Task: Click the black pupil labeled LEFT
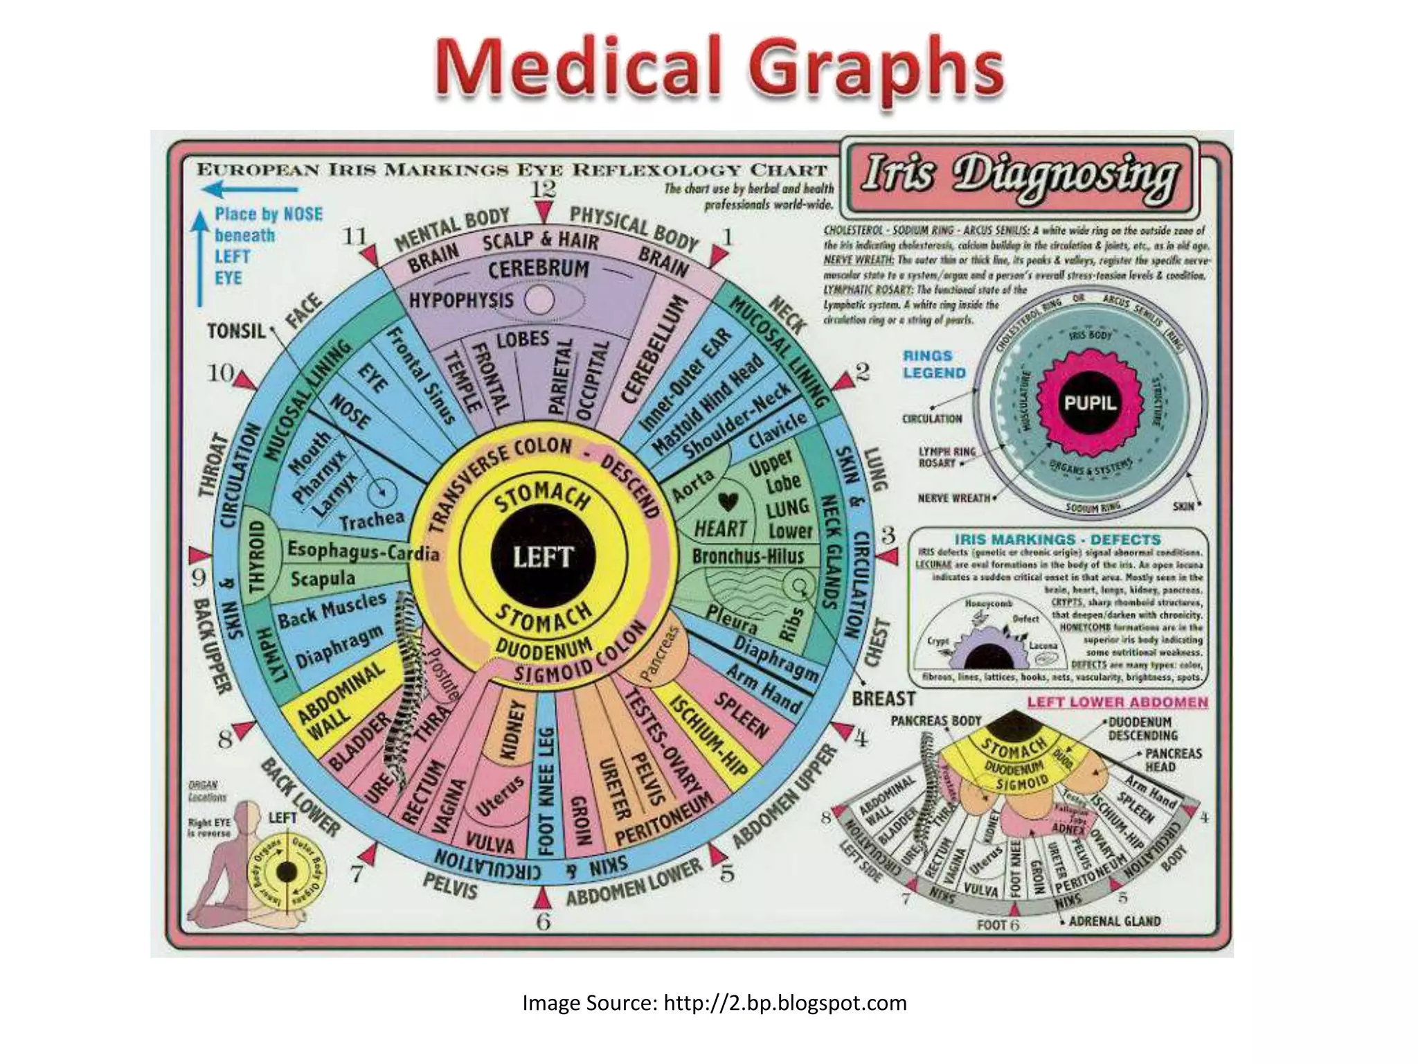(x=543, y=556)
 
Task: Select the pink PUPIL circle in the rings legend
(x=1090, y=402)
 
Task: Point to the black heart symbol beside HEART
(x=727, y=501)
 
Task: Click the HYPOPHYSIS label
(x=461, y=300)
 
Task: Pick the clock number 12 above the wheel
(x=544, y=188)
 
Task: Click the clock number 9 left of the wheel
(x=199, y=577)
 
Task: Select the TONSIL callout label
(x=236, y=331)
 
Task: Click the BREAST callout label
(x=883, y=699)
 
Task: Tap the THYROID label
(x=257, y=557)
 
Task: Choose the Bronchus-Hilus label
(x=748, y=556)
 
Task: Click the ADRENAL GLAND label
(x=1114, y=921)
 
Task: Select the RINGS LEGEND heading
(x=934, y=364)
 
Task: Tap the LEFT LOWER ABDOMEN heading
(x=1117, y=702)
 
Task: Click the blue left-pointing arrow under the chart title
(x=249, y=189)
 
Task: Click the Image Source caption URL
(x=784, y=1003)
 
